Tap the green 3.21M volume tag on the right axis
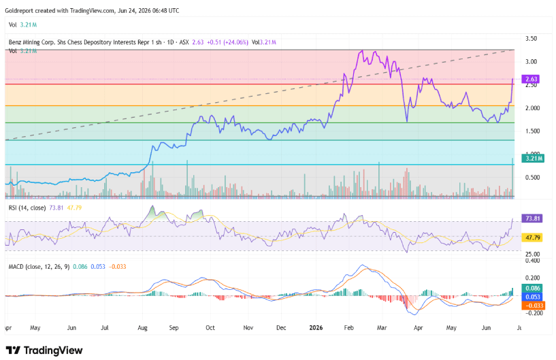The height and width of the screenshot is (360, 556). [533, 158]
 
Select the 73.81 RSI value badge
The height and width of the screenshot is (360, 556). [532, 218]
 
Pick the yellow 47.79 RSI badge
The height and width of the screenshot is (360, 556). [532, 238]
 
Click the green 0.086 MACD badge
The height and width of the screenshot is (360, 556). [532, 289]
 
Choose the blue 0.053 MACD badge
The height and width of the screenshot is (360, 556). [532, 297]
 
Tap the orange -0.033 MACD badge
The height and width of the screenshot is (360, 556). [534, 306]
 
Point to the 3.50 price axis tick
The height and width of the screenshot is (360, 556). [531, 38]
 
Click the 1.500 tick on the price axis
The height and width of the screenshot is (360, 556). [532, 131]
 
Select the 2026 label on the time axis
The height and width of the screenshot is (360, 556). [316, 328]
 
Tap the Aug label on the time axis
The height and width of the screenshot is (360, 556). [142, 328]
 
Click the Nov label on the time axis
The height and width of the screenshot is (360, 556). [248, 328]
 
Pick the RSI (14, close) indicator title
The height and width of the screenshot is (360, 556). [27, 208]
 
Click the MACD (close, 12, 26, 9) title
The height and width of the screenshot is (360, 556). [39, 267]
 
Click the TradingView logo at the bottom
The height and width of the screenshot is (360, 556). [44, 350]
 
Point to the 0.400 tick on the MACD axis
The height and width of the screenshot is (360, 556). [532, 261]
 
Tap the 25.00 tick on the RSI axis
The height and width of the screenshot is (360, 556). [532, 254]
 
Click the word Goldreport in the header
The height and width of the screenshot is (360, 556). [19, 11]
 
